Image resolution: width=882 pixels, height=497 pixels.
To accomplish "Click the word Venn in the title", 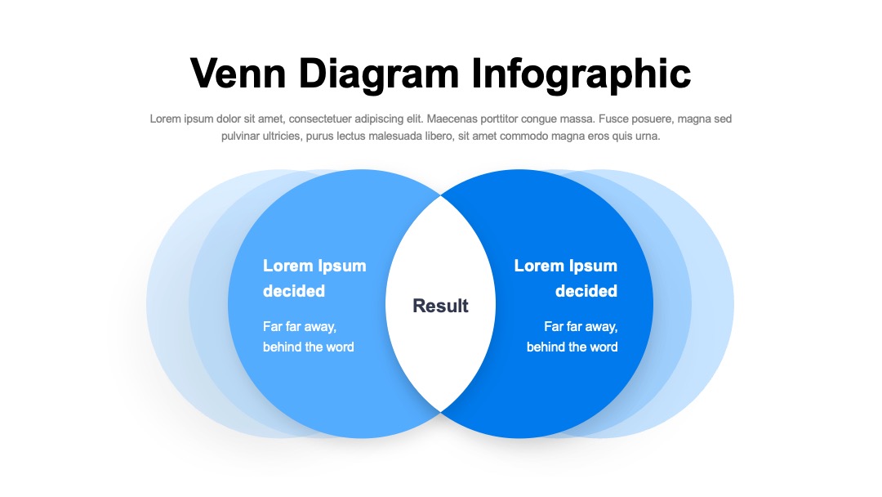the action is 238,74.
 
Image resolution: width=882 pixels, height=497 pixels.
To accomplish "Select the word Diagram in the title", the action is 379,74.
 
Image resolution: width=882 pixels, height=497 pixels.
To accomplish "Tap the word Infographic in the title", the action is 581,75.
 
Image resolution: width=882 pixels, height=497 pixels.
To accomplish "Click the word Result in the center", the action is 440,306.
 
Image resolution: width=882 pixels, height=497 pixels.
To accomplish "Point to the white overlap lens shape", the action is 440,304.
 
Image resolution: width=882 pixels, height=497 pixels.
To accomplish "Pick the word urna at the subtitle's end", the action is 648,137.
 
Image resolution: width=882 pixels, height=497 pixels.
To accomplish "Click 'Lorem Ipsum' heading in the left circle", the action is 314,266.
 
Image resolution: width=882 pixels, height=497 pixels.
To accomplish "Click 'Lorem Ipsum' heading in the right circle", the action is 566,266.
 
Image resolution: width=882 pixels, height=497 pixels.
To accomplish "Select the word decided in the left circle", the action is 294,291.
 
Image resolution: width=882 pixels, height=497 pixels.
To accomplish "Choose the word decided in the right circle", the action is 586,291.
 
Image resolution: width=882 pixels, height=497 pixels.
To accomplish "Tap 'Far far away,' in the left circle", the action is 300,327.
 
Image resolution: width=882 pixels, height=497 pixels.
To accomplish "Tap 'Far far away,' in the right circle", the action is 581,327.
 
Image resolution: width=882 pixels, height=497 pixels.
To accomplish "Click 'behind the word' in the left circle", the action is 308,347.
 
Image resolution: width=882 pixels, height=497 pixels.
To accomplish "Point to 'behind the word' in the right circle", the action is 572,347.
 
